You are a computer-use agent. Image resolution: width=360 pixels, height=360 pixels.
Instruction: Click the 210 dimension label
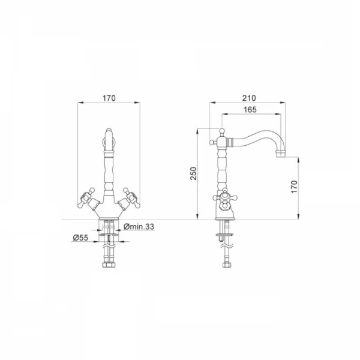[249, 98]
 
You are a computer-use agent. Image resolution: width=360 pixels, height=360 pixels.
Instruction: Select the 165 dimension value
[250, 110]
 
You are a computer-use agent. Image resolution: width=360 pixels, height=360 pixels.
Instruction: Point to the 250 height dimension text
[194, 173]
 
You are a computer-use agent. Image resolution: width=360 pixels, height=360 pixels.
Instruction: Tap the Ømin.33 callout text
[139, 227]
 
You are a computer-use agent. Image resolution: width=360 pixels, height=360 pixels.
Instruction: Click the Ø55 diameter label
[80, 238]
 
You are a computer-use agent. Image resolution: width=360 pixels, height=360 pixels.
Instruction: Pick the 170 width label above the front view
[109, 98]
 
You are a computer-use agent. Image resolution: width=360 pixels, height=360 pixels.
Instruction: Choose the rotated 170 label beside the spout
[294, 187]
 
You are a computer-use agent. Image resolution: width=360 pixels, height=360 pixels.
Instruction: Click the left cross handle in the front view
[86, 197]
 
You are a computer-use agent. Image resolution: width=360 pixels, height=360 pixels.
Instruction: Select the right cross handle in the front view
[131, 197]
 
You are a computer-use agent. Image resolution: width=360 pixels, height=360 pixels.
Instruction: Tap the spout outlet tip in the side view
[281, 154]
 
